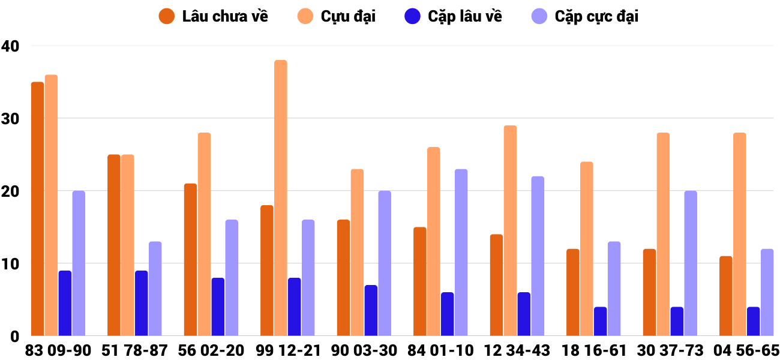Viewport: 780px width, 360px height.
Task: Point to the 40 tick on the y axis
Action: coord(10,46)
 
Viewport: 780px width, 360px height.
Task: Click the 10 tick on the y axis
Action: coord(10,263)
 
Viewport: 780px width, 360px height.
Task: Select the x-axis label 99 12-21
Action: coord(288,350)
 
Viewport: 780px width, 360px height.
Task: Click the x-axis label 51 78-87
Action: coord(135,350)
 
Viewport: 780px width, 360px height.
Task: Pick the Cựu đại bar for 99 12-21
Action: coord(281,198)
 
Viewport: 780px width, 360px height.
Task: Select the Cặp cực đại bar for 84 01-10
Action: coord(461,252)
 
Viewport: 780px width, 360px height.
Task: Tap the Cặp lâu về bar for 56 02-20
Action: coord(218,307)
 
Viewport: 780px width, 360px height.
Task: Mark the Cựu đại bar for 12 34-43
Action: coord(510,230)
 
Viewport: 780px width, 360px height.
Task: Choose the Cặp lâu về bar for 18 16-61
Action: coord(600,321)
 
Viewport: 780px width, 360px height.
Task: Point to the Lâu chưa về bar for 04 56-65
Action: coord(726,296)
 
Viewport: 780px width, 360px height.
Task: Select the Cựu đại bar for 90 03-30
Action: coord(357,252)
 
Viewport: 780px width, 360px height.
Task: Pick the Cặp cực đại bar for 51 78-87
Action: coord(155,289)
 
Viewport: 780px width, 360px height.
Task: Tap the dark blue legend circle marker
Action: coord(413,16)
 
